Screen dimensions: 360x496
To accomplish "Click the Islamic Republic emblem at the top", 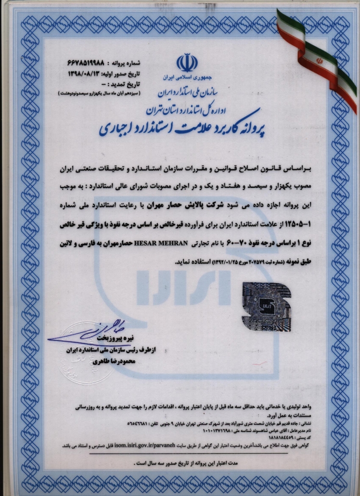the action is [187, 63].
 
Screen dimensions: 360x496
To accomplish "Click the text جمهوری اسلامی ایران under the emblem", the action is [187, 78].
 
